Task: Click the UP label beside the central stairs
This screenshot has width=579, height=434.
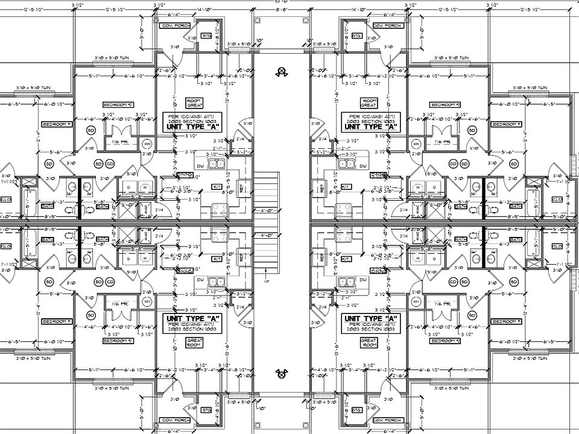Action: pyautogui.click(x=266, y=281)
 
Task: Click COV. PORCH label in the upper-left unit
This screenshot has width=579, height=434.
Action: pyautogui.click(x=175, y=27)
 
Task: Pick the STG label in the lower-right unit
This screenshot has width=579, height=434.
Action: pyautogui.click(x=356, y=410)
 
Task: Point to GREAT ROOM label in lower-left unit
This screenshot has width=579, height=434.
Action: pyautogui.click(x=193, y=344)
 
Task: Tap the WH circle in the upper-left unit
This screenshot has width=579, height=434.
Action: pyautogui.click(x=147, y=144)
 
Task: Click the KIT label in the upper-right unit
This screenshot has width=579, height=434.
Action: pyautogui.click(x=346, y=187)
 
